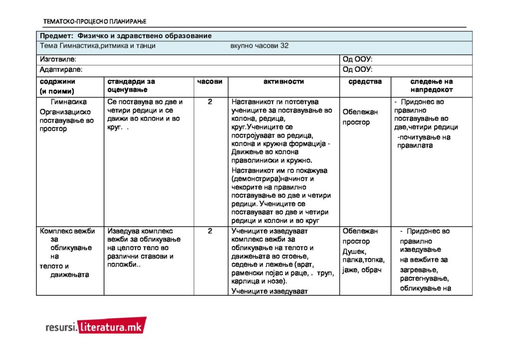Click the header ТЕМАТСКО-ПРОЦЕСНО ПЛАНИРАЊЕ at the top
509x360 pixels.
95,21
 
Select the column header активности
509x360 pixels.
283,81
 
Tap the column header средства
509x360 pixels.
365,81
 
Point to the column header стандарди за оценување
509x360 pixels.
131,85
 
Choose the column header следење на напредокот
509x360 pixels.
432,85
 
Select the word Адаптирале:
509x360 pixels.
61,70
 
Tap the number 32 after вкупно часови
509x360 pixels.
284,45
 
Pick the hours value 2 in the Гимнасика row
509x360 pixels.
210,102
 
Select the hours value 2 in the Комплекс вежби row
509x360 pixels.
210,231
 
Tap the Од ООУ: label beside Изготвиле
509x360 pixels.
358,59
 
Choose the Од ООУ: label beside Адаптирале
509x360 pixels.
358,70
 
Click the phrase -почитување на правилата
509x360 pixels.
423,141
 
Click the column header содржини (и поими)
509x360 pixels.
57,86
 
